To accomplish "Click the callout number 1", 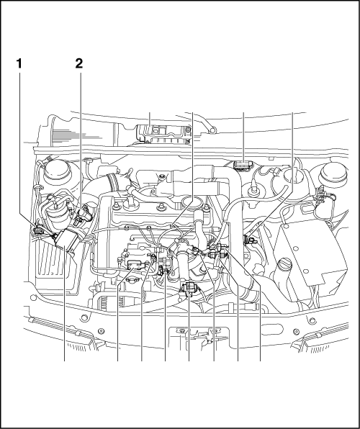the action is point(19,63).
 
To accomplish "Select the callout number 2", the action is point(79,63).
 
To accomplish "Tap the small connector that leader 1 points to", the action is point(38,230).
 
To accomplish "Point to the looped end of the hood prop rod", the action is point(212,130).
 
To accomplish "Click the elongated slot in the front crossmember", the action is point(271,329).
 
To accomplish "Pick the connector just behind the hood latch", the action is point(189,289).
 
